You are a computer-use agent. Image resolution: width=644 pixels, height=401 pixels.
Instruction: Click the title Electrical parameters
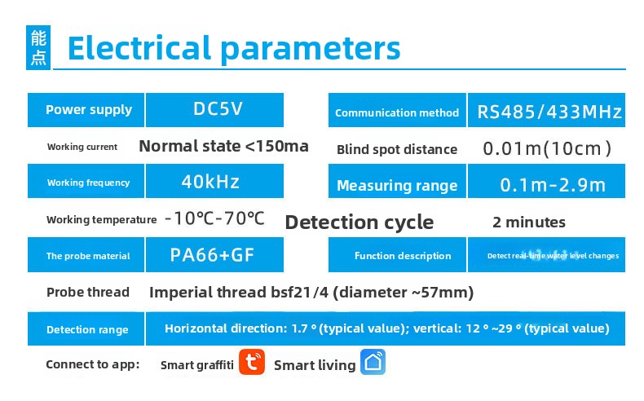tap(233, 48)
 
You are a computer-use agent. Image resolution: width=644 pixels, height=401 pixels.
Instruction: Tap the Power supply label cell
tap(88, 110)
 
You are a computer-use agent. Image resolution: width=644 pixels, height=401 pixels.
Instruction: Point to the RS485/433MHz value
tap(549, 112)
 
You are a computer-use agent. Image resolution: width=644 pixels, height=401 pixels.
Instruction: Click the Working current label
tap(82, 147)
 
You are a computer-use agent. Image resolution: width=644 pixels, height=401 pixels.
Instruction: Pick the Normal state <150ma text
tap(223, 147)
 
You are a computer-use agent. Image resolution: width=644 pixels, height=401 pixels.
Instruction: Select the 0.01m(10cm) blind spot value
tap(547, 149)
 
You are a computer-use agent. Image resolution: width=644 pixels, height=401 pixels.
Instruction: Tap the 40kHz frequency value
tap(210, 182)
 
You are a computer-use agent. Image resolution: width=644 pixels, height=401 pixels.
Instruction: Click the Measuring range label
tap(397, 186)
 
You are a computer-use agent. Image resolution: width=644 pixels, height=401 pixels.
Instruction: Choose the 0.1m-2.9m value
tap(553, 185)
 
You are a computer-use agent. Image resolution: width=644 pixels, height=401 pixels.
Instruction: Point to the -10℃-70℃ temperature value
tap(214, 218)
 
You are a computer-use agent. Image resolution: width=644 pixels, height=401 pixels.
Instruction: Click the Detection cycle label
tap(359, 223)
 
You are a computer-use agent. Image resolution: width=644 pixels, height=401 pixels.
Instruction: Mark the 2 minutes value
tap(529, 222)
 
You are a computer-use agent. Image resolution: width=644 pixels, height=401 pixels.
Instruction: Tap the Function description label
tap(403, 256)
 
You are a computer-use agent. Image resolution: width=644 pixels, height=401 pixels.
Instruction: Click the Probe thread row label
tap(88, 292)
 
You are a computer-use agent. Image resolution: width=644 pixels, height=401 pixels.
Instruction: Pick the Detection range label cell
tap(87, 329)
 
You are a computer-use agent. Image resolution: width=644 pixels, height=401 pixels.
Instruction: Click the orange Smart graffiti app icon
tap(252, 364)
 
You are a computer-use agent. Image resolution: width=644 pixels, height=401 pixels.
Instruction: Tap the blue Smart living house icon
tap(373, 364)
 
